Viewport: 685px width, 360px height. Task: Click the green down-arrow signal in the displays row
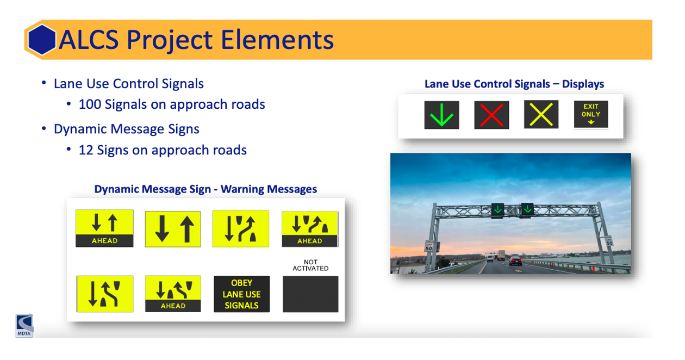(441, 115)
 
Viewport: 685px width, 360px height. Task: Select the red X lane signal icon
(491, 115)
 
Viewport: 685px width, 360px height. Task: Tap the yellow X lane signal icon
(541, 115)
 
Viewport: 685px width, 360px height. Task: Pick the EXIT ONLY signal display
(591, 114)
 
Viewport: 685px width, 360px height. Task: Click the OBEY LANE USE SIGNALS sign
(241, 294)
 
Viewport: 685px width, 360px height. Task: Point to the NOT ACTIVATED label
(310, 265)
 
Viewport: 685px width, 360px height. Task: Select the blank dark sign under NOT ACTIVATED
(310, 294)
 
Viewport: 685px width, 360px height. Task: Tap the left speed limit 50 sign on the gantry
(428, 246)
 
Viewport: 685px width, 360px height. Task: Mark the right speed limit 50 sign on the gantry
(608, 240)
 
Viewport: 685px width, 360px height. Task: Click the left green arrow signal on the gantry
(497, 209)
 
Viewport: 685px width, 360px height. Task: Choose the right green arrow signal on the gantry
(527, 209)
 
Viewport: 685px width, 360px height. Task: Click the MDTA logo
(24, 325)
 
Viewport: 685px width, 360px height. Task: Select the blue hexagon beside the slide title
(41, 40)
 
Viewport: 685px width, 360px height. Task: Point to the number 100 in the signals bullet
(90, 104)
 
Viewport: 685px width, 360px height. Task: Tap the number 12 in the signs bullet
(86, 150)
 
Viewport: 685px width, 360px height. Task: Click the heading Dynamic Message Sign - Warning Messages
(205, 189)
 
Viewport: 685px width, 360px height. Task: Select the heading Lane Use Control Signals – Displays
(514, 84)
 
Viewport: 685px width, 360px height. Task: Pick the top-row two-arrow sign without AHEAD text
(173, 229)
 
